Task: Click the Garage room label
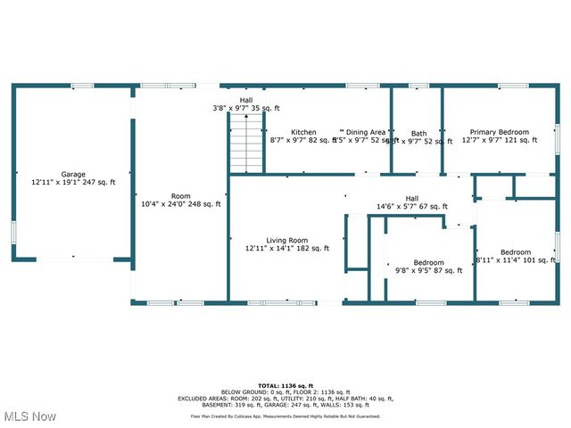pyautogui.click(x=73, y=174)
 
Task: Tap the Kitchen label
pyautogui.click(x=303, y=132)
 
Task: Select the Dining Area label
pyautogui.click(x=366, y=132)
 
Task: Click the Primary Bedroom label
pyautogui.click(x=500, y=132)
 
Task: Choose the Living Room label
pyautogui.click(x=286, y=240)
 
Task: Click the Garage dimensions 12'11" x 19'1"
pyautogui.click(x=73, y=182)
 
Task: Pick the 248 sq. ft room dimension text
pyautogui.click(x=181, y=204)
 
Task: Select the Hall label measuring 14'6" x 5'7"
pyautogui.click(x=412, y=199)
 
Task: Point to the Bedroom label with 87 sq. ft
pyautogui.click(x=428, y=262)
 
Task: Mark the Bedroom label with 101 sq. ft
pyautogui.click(x=516, y=252)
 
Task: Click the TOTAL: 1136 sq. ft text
pyautogui.click(x=285, y=385)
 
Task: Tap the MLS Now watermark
pyautogui.click(x=31, y=416)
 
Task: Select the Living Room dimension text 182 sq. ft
pyautogui.click(x=286, y=248)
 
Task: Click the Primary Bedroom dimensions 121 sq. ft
pyautogui.click(x=500, y=140)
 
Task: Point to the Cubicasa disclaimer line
pyautogui.click(x=285, y=416)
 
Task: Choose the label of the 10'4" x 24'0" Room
pyautogui.click(x=181, y=196)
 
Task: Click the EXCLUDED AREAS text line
pyautogui.click(x=285, y=399)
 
